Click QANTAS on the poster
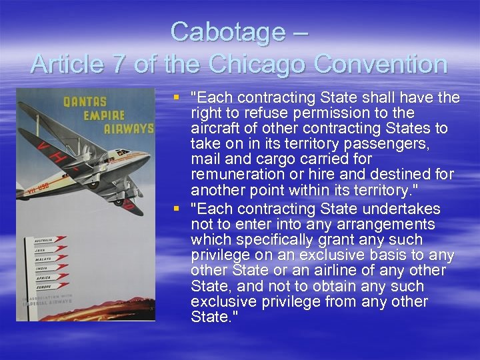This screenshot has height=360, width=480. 85,102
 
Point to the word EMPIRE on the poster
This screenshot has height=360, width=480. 105,115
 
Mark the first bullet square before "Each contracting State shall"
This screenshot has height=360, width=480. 177,98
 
